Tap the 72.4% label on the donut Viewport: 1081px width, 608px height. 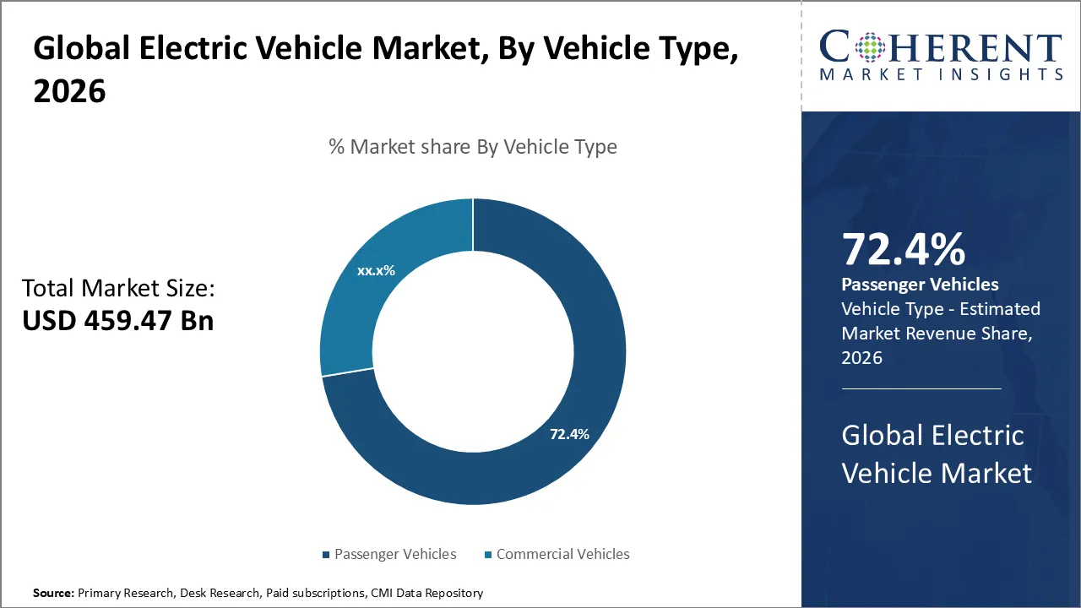coord(569,434)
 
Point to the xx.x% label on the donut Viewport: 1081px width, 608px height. coord(376,271)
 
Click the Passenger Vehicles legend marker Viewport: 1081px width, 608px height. coord(325,555)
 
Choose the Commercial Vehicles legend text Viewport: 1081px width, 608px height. coord(562,555)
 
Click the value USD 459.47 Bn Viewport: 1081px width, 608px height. coord(117,322)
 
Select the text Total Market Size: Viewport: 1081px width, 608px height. coord(118,289)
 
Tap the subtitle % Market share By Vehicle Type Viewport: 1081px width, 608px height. coord(473,147)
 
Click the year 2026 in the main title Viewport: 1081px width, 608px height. coord(69,91)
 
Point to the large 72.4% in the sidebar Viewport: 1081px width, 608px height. coord(903,250)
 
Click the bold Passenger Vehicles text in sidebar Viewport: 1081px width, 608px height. coord(920,285)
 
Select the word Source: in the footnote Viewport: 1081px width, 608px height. coord(54,594)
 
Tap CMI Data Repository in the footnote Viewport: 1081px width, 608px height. coord(426,594)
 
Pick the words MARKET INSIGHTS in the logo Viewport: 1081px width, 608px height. coord(941,75)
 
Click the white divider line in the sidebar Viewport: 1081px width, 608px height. coord(921,388)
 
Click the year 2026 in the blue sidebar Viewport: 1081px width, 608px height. coord(861,357)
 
